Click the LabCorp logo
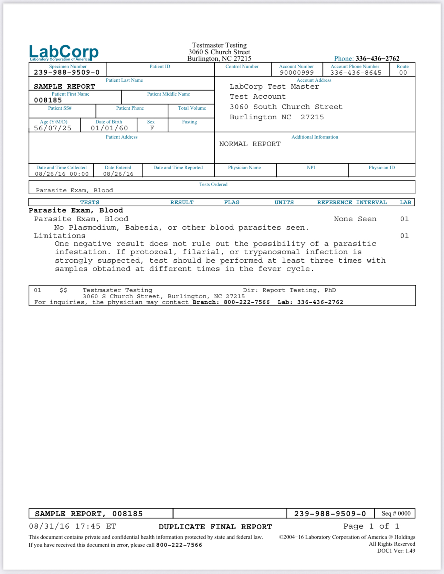tap(64, 53)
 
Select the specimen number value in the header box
tap(66, 72)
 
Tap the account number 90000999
tap(297, 73)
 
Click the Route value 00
tap(403, 73)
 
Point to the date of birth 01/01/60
tap(109, 128)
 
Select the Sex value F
tap(152, 128)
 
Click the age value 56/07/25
tap(53, 128)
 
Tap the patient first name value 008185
tap(48, 100)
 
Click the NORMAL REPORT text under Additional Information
tap(250, 144)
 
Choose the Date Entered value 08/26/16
tap(118, 174)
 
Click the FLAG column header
tap(232, 203)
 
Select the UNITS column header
tap(284, 203)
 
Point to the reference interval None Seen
tap(355, 219)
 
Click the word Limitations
tap(60, 236)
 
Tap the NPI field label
tap(311, 167)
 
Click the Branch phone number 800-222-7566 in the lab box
tap(247, 302)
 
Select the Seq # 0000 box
tap(396, 513)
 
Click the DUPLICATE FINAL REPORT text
tap(215, 527)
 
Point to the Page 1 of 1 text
tap(371, 526)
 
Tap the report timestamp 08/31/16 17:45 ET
tap(73, 526)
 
